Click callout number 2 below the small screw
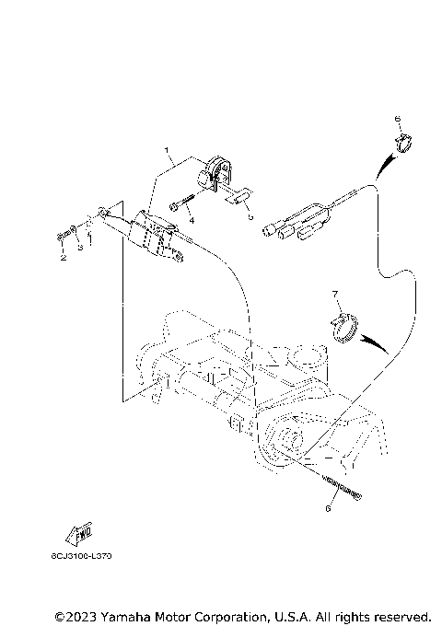[x=64, y=258]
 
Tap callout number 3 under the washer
[x=80, y=248]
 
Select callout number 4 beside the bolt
[x=192, y=221]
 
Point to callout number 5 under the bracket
[x=250, y=218]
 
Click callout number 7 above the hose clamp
[x=336, y=294]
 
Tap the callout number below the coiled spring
[x=328, y=505]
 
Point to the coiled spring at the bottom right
[x=342, y=485]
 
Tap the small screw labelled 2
[x=61, y=238]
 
